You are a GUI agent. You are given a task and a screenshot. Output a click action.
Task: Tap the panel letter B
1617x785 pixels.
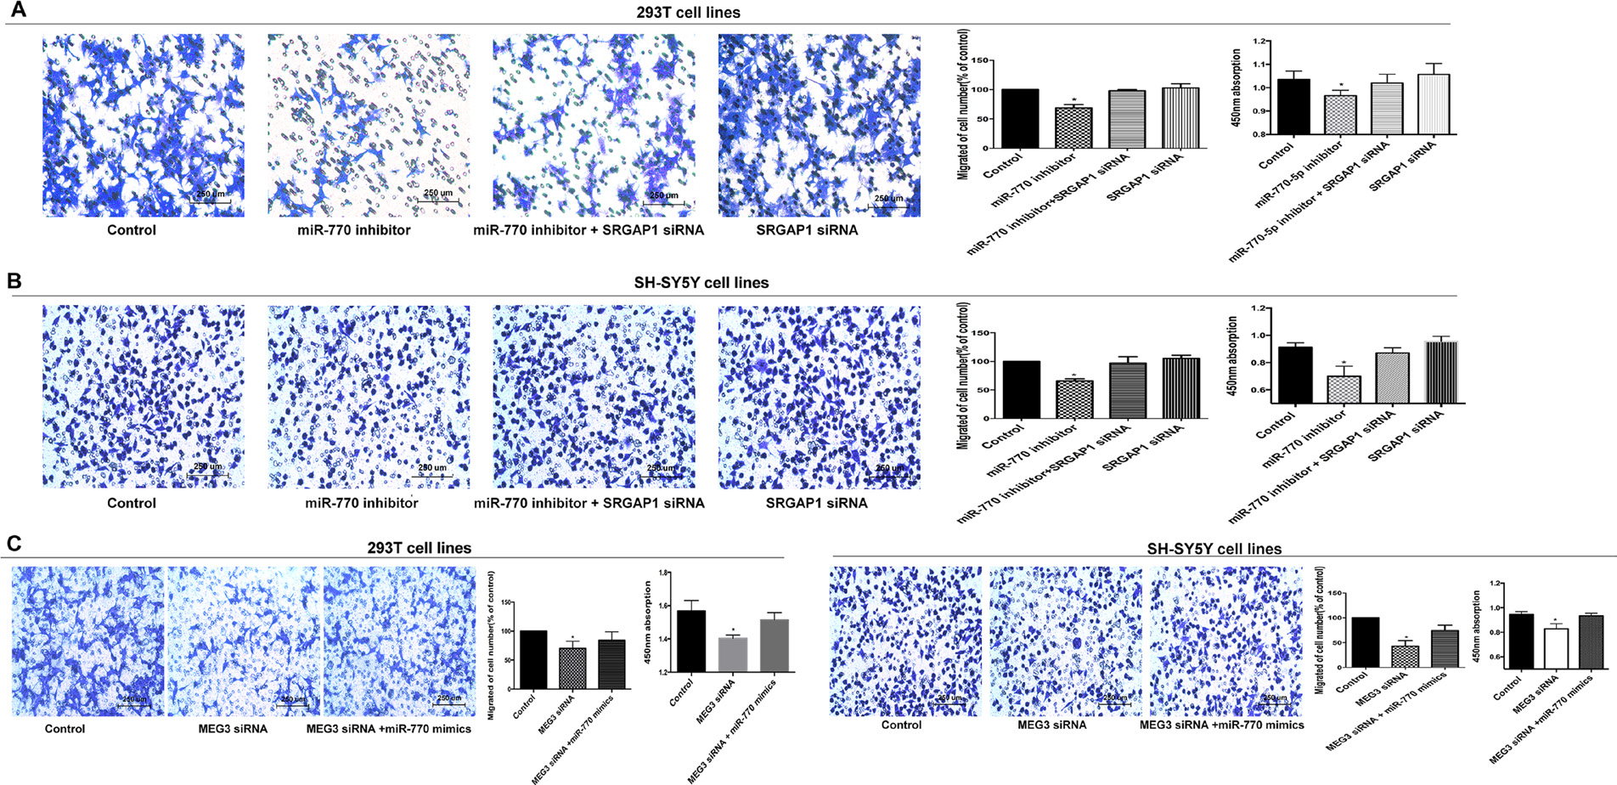[14, 280]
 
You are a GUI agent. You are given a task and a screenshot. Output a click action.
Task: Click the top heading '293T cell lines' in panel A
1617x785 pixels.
[688, 13]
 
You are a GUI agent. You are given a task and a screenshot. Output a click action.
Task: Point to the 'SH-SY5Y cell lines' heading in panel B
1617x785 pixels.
[701, 283]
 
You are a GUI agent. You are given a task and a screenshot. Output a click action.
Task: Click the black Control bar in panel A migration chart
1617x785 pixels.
[1020, 118]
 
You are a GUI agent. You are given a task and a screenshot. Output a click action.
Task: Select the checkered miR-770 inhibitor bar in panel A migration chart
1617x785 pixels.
[1073, 127]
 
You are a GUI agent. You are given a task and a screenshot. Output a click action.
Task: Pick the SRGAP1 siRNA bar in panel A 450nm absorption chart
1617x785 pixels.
[1434, 104]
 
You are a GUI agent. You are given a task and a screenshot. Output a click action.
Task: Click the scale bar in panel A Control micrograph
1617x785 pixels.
[209, 202]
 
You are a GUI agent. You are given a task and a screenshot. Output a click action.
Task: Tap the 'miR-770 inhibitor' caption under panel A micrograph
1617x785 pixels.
[353, 230]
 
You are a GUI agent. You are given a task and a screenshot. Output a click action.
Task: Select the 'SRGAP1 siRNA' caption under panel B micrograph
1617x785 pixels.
[816, 503]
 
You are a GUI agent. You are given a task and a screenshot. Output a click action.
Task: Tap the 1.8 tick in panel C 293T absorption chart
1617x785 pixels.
[659, 573]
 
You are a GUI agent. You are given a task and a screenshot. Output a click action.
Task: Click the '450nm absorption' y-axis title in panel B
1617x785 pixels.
[1233, 357]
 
